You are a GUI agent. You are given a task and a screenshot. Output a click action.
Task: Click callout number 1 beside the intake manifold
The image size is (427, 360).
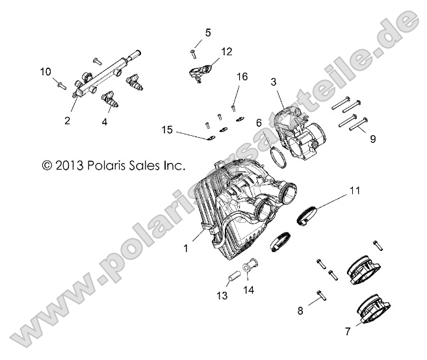coord(186,248)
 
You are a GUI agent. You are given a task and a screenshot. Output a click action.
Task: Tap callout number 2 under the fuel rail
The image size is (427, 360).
coord(66,120)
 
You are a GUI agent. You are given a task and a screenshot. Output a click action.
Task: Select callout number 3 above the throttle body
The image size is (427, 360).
coord(274,82)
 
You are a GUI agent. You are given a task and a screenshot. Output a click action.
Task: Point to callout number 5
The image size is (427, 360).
coord(208,32)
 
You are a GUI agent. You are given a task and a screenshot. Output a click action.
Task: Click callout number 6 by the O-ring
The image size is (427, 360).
coord(258,122)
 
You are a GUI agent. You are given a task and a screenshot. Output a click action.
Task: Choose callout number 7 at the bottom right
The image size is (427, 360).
coord(348,331)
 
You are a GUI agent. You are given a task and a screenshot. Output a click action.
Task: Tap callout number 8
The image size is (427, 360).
coord(300,311)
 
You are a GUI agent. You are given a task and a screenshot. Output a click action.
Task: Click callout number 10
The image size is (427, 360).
coord(45,71)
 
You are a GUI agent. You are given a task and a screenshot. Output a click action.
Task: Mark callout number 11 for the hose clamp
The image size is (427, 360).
coord(354,190)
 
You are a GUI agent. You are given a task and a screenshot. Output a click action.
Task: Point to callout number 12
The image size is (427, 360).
coord(226,51)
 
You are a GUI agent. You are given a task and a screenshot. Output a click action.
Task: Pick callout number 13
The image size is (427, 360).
coord(222,296)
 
